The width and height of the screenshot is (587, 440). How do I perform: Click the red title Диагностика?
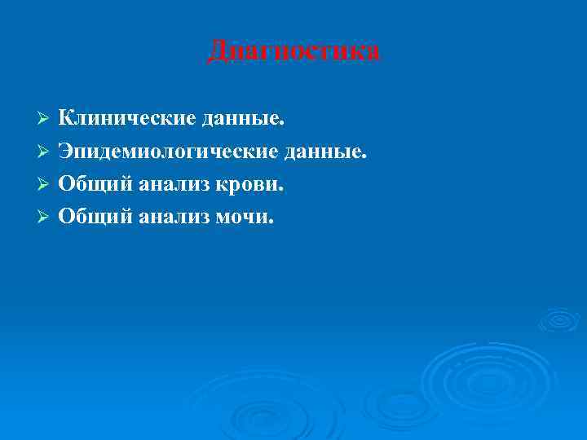tap(293, 51)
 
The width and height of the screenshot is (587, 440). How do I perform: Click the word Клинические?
tap(126, 119)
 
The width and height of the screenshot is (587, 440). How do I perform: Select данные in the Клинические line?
tap(243, 119)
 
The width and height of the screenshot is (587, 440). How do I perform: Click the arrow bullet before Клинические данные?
tap(46, 120)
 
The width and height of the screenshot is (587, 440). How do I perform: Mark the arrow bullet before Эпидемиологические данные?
tap(46, 152)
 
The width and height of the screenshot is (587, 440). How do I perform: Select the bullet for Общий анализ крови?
tap(46, 185)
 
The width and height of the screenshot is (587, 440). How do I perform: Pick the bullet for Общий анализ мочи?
tap(46, 218)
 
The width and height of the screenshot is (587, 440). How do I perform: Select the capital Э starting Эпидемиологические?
tap(66, 152)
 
